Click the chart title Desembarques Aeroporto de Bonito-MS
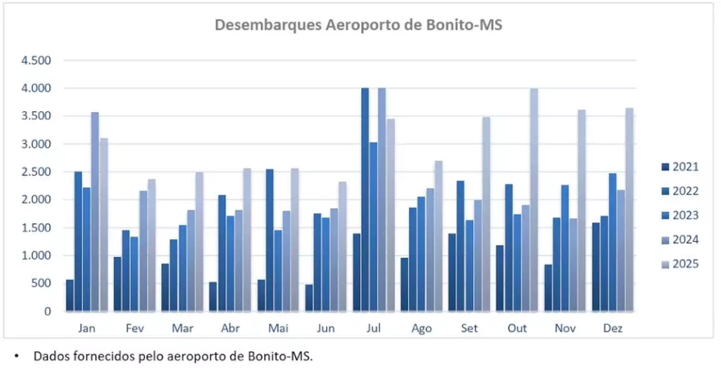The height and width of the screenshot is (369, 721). (x=358, y=24)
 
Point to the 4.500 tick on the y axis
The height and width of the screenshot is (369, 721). (x=35, y=60)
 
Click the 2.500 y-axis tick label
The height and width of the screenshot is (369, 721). (x=35, y=172)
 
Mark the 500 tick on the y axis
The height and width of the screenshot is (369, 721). (x=41, y=284)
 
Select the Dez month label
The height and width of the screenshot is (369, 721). (x=612, y=328)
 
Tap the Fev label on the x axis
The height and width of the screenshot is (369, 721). (x=134, y=328)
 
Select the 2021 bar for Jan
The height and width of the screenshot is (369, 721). (x=70, y=295)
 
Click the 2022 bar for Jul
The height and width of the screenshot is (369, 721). (x=365, y=200)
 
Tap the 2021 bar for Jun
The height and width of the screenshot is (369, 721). (x=310, y=298)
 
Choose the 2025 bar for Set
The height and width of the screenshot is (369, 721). (x=486, y=214)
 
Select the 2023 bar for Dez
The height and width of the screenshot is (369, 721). (x=612, y=242)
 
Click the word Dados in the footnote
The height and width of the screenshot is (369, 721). (x=51, y=357)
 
